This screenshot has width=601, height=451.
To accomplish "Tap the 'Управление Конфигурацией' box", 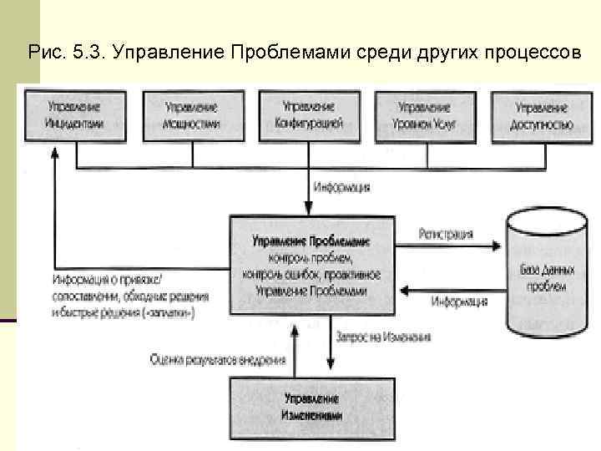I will (x=308, y=115).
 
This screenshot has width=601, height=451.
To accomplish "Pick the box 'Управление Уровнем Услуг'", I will (x=424, y=115).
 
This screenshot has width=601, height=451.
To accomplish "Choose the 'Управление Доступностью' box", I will (x=541, y=115).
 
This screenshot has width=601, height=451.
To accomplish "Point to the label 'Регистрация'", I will (x=446, y=235).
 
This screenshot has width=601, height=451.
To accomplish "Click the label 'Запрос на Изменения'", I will (x=383, y=337).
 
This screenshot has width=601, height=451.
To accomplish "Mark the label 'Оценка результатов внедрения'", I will (x=219, y=360).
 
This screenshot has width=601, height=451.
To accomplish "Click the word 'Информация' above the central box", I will (x=342, y=186).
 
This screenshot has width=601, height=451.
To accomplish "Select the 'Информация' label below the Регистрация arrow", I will (x=460, y=302).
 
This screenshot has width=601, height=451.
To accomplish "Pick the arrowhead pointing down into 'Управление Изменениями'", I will (x=331, y=366).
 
